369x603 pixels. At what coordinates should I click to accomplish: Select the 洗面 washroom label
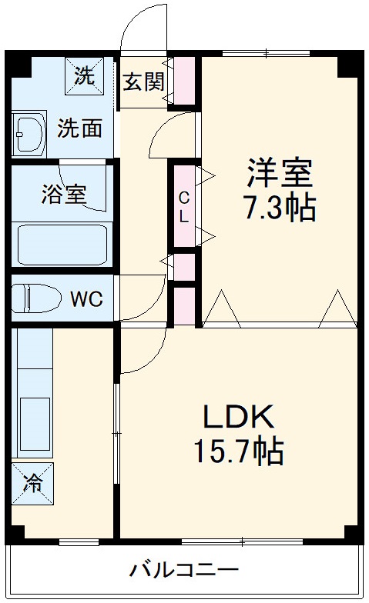point(79,128)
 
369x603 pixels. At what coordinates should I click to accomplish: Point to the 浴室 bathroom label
point(63,194)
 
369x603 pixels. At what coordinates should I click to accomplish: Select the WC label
point(86,298)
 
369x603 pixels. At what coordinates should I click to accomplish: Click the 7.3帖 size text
point(280,207)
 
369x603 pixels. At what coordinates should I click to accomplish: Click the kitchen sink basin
point(33,424)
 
